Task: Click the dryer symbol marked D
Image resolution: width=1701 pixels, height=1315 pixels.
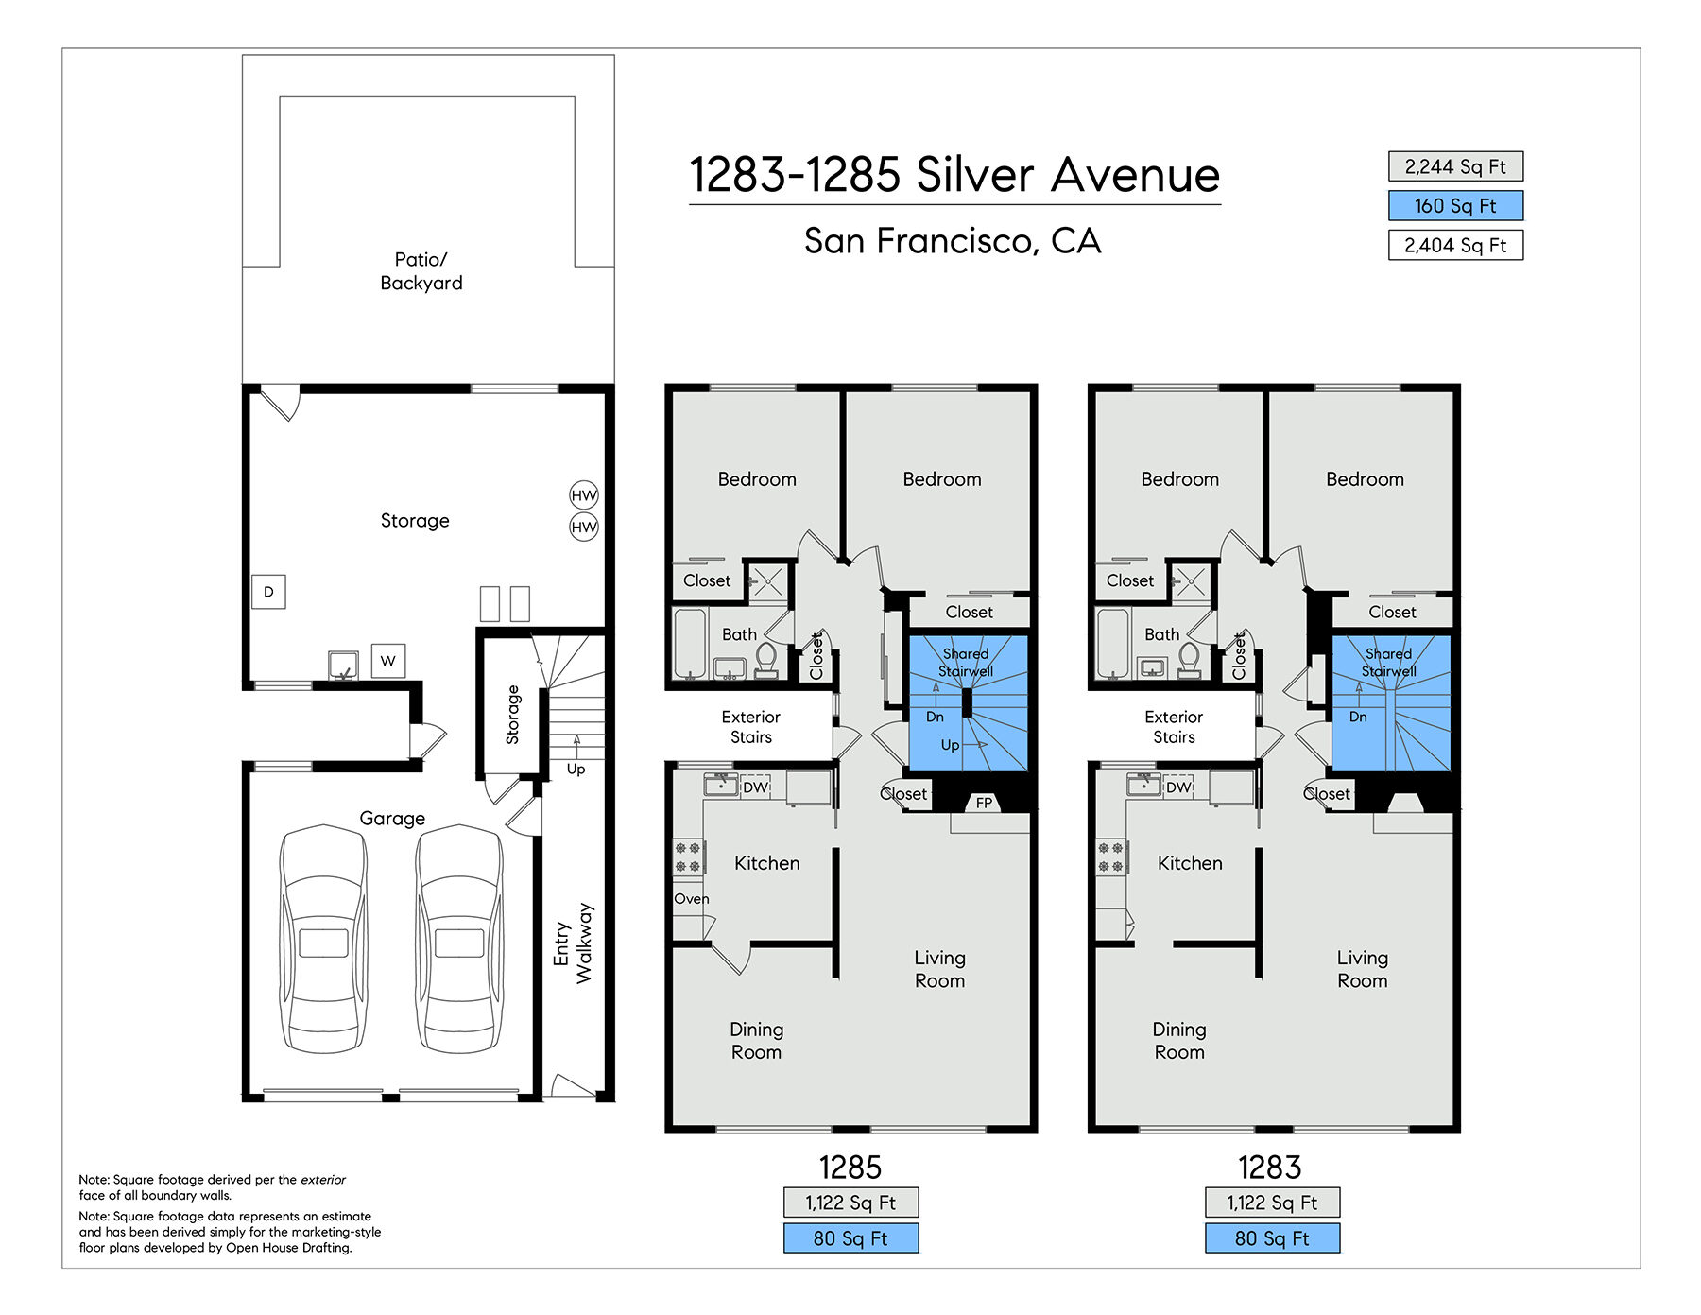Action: [x=268, y=592]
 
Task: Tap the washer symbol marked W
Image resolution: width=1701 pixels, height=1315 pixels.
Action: [x=387, y=661]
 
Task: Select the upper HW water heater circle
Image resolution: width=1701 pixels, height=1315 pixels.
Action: [x=584, y=495]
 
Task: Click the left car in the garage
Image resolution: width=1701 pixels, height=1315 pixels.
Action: [x=323, y=939]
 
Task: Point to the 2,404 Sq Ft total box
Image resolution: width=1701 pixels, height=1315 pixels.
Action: [x=1455, y=245]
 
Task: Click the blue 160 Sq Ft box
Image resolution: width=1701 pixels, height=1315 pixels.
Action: [x=1455, y=205]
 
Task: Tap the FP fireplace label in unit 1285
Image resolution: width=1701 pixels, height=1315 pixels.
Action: [x=984, y=803]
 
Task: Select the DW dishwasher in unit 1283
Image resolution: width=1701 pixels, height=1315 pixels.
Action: [x=1178, y=787]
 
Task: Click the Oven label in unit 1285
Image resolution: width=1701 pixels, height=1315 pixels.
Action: [x=692, y=899]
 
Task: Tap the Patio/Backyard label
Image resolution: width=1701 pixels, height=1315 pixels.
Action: [x=421, y=271]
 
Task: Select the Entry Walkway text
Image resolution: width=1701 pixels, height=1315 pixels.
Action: [x=574, y=943]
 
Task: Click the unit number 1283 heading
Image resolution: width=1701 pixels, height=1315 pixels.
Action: [x=1270, y=1168]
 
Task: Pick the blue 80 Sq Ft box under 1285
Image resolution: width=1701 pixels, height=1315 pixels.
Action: [x=850, y=1238]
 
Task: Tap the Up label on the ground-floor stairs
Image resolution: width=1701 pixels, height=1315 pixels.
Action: [x=576, y=769]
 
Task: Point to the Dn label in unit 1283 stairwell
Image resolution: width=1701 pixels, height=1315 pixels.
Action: [x=1358, y=717]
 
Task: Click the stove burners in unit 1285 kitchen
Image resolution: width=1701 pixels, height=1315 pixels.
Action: [x=688, y=857]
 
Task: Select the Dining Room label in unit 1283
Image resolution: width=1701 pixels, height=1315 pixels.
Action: [x=1179, y=1041]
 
